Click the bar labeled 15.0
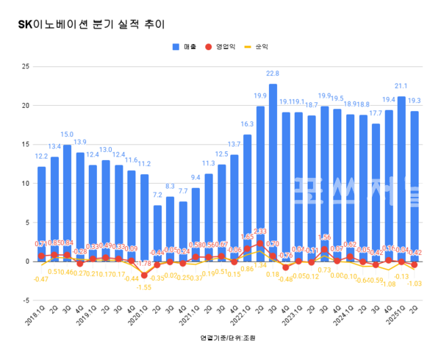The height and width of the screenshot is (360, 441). (67, 203)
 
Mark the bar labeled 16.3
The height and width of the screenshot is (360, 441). (247, 198)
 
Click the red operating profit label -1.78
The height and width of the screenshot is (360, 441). (145, 263)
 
